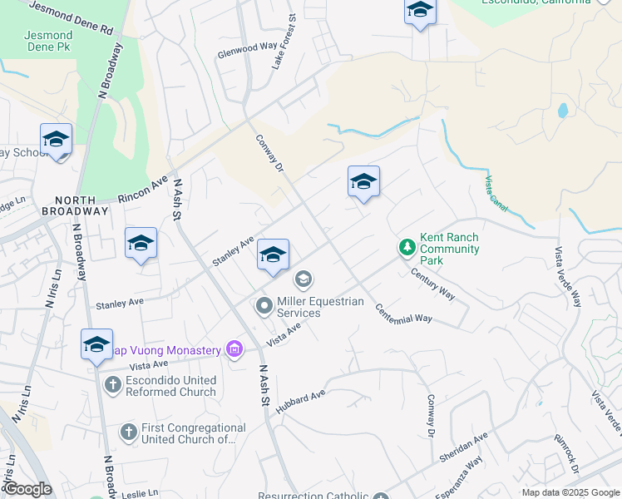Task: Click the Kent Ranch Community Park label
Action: (x=449, y=249)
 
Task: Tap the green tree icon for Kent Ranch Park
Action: (x=407, y=247)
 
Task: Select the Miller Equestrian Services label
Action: (x=320, y=307)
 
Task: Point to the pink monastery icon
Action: (x=234, y=349)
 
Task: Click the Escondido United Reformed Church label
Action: (x=170, y=386)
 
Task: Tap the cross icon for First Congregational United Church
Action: (x=128, y=432)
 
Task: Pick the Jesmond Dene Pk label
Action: (x=49, y=42)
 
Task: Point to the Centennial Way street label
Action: (x=404, y=314)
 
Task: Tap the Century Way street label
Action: (x=432, y=284)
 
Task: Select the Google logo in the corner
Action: (x=27, y=489)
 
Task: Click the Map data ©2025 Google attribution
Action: (x=570, y=492)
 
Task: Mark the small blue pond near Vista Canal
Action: (x=562, y=109)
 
